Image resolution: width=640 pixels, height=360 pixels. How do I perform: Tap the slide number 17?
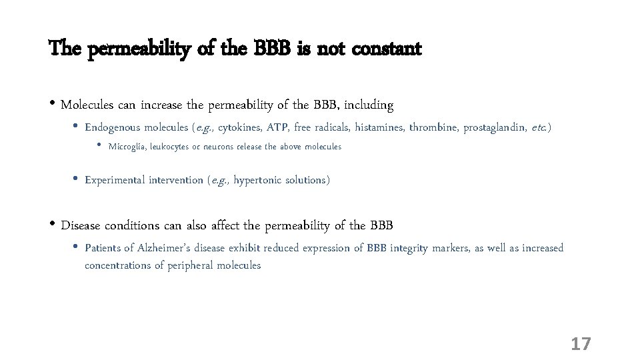[x=581, y=344]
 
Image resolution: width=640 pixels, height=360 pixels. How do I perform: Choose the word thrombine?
[x=433, y=127]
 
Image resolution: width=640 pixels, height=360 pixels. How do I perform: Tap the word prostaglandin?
[x=495, y=127]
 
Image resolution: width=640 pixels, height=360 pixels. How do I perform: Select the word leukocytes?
[x=170, y=147]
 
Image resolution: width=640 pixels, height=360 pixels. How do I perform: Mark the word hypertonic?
[x=258, y=180]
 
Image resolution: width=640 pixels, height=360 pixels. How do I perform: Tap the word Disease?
[x=81, y=225]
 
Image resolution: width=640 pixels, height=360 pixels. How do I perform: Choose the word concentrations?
[x=118, y=265]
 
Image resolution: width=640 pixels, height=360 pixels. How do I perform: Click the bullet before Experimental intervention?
[x=75, y=179]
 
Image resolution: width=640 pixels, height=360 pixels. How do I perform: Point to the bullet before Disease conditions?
[x=53, y=224]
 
